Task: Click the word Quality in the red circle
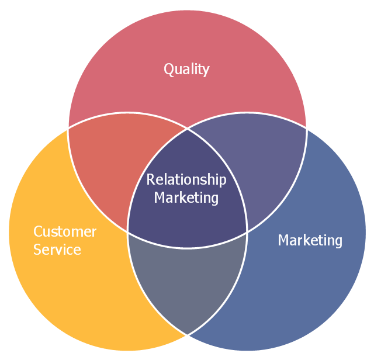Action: tap(186, 70)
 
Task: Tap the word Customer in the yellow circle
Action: tap(65, 231)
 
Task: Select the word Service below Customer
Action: tap(57, 250)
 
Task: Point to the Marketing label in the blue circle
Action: tap(310, 240)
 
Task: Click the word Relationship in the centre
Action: tap(186, 179)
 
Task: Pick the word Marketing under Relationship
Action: tap(186, 198)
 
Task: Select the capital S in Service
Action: tap(37, 250)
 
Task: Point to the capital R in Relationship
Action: tap(151, 179)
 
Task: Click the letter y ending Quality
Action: tap(206, 71)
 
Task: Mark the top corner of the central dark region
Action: tap(187, 129)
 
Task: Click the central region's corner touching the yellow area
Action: tap(128, 231)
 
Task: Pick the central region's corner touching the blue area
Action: tap(247, 232)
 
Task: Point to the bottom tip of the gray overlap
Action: tap(187, 335)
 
